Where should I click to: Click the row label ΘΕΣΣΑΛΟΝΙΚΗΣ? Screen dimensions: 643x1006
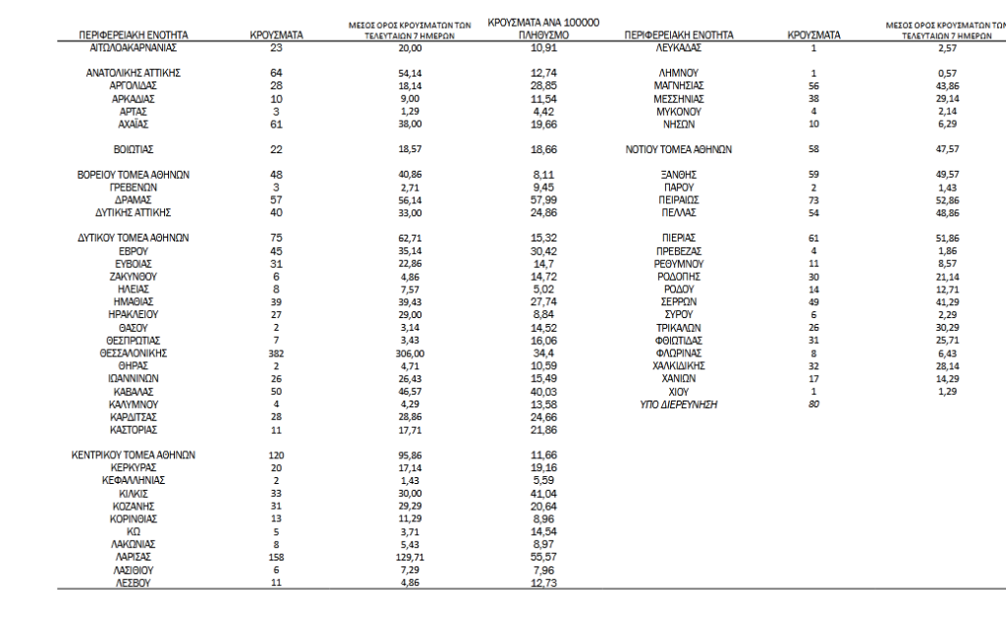(134, 352)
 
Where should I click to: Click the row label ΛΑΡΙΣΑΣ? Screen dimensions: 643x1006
(134, 557)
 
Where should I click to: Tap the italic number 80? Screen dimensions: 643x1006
(813, 403)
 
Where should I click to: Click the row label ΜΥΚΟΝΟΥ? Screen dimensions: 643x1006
(679, 112)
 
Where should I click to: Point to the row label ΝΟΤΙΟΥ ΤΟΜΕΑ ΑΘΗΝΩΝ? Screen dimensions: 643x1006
(679, 150)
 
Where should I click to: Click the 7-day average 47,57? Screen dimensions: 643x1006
(948, 150)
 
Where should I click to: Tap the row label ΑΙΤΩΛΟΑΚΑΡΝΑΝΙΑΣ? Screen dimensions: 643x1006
(134, 47)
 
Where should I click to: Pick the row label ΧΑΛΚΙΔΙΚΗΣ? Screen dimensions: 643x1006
(679, 365)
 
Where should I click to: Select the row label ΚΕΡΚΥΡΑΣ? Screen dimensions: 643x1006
(134, 467)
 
